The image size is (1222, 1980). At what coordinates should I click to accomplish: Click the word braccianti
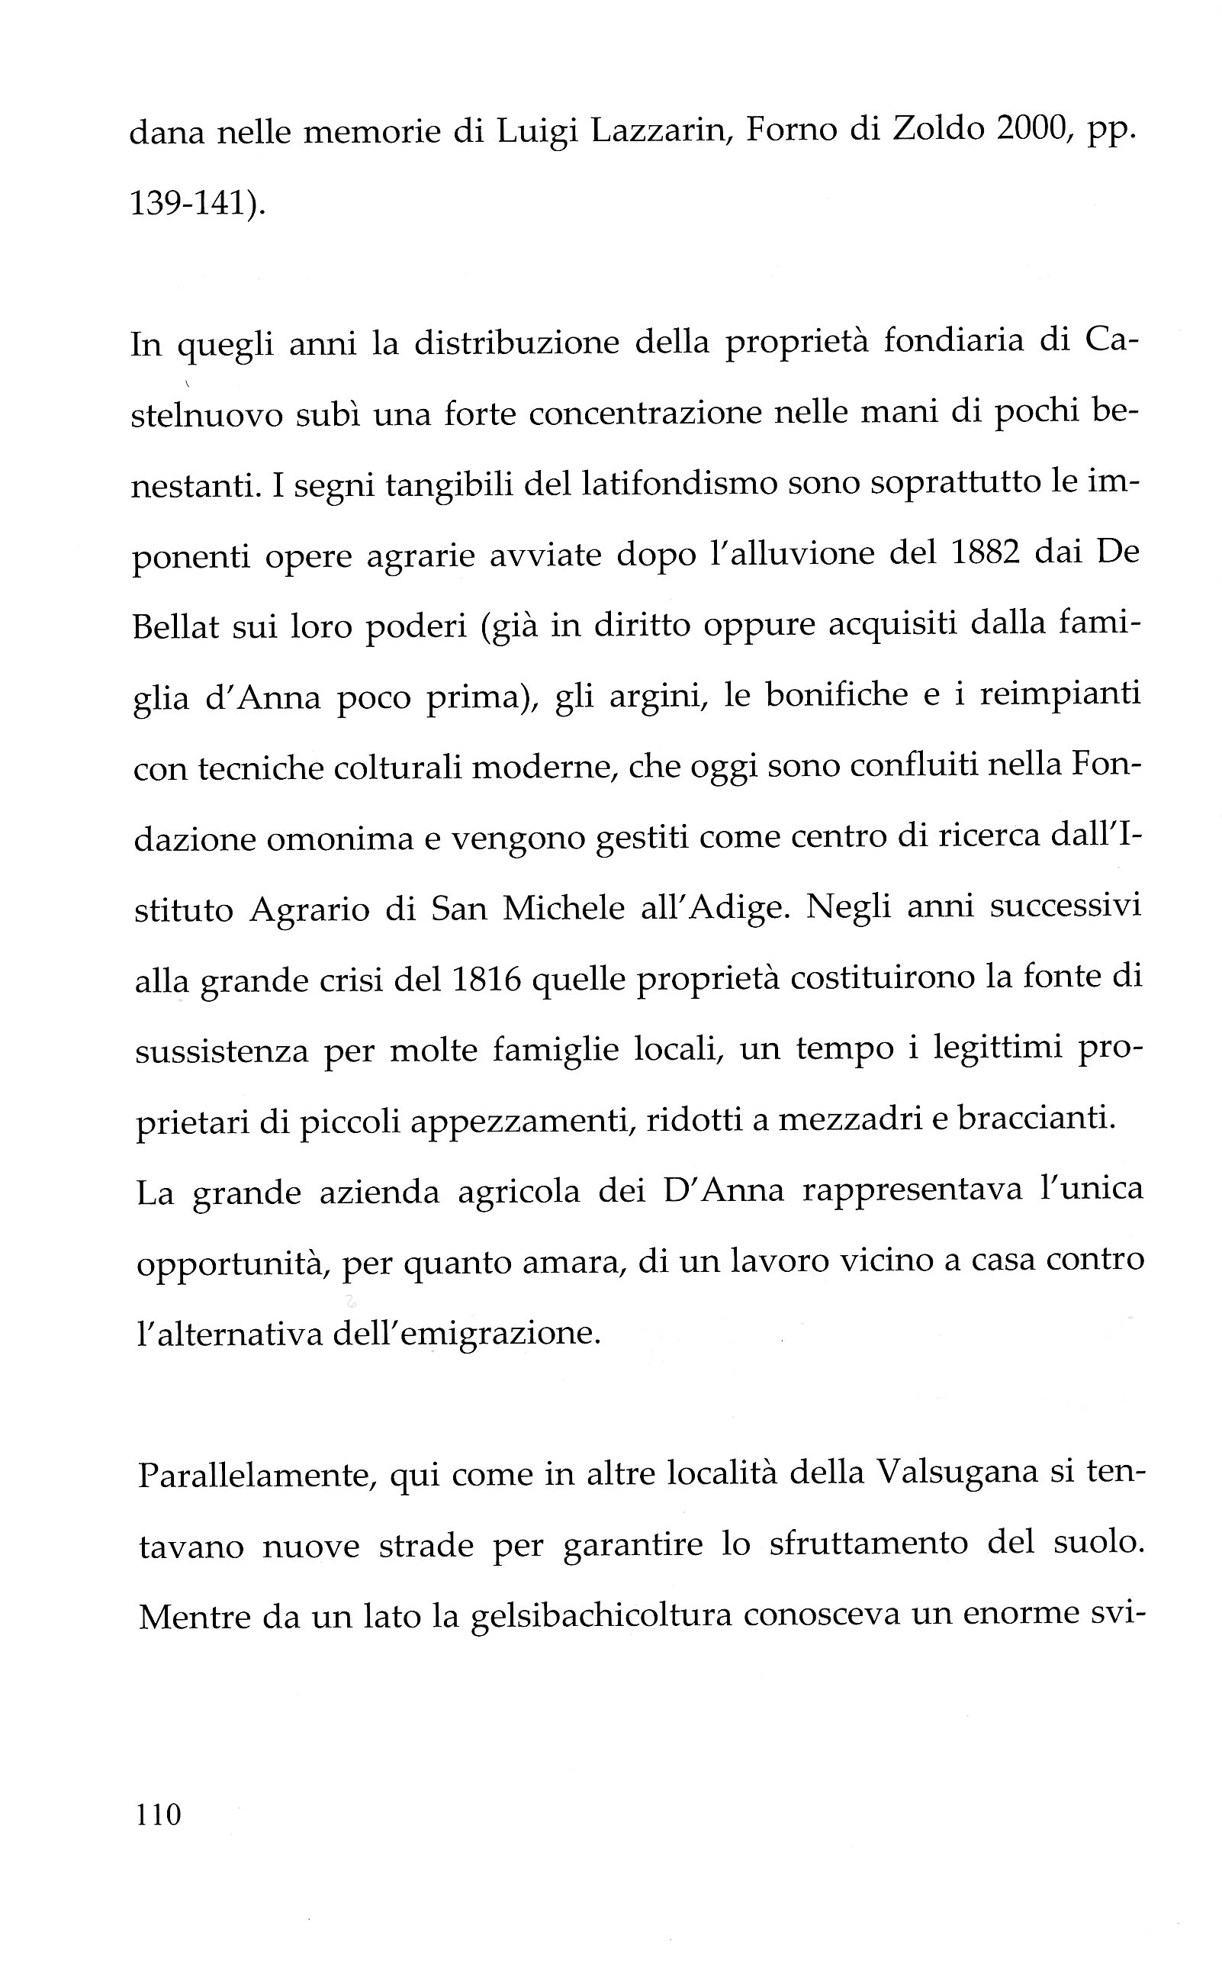1037,1119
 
